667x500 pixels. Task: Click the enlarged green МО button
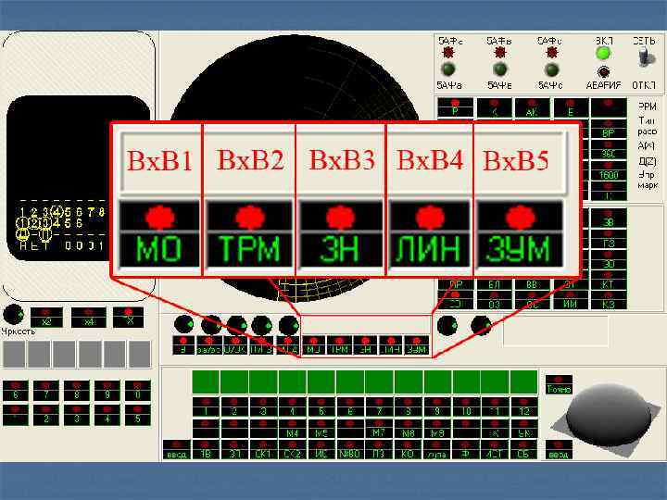[x=158, y=248]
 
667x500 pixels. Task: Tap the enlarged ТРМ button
[x=248, y=248]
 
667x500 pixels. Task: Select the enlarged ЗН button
[x=339, y=248]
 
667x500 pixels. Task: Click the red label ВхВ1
[x=158, y=163]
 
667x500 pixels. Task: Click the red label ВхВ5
[x=517, y=162]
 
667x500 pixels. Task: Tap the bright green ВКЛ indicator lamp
[x=603, y=54]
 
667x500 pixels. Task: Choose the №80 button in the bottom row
[x=350, y=454]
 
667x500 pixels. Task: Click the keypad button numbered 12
[x=523, y=406]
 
